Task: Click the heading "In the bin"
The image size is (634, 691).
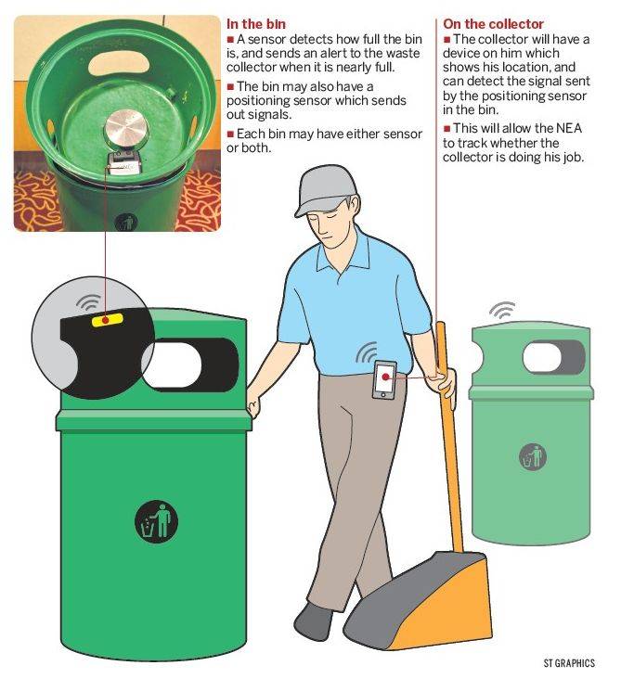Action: (255, 24)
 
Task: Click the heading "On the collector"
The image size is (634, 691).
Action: (493, 24)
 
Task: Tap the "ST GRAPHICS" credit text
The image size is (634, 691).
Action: (569, 663)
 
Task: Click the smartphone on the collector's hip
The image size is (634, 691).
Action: (384, 379)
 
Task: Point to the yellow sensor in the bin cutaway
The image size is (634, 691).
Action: (107, 319)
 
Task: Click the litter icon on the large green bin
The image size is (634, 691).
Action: (156, 521)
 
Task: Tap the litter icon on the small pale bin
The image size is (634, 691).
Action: (533, 456)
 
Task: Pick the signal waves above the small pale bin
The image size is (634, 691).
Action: (502, 310)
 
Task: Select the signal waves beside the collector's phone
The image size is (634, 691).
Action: (366, 352)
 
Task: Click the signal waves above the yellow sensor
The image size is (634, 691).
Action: (89, 301)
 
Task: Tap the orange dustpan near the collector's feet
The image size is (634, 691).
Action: (419, 601)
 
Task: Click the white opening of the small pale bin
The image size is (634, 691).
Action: (542, 357)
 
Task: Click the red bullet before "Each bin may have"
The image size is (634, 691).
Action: (230, 134)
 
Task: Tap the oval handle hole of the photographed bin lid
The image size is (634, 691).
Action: (119, 65)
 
